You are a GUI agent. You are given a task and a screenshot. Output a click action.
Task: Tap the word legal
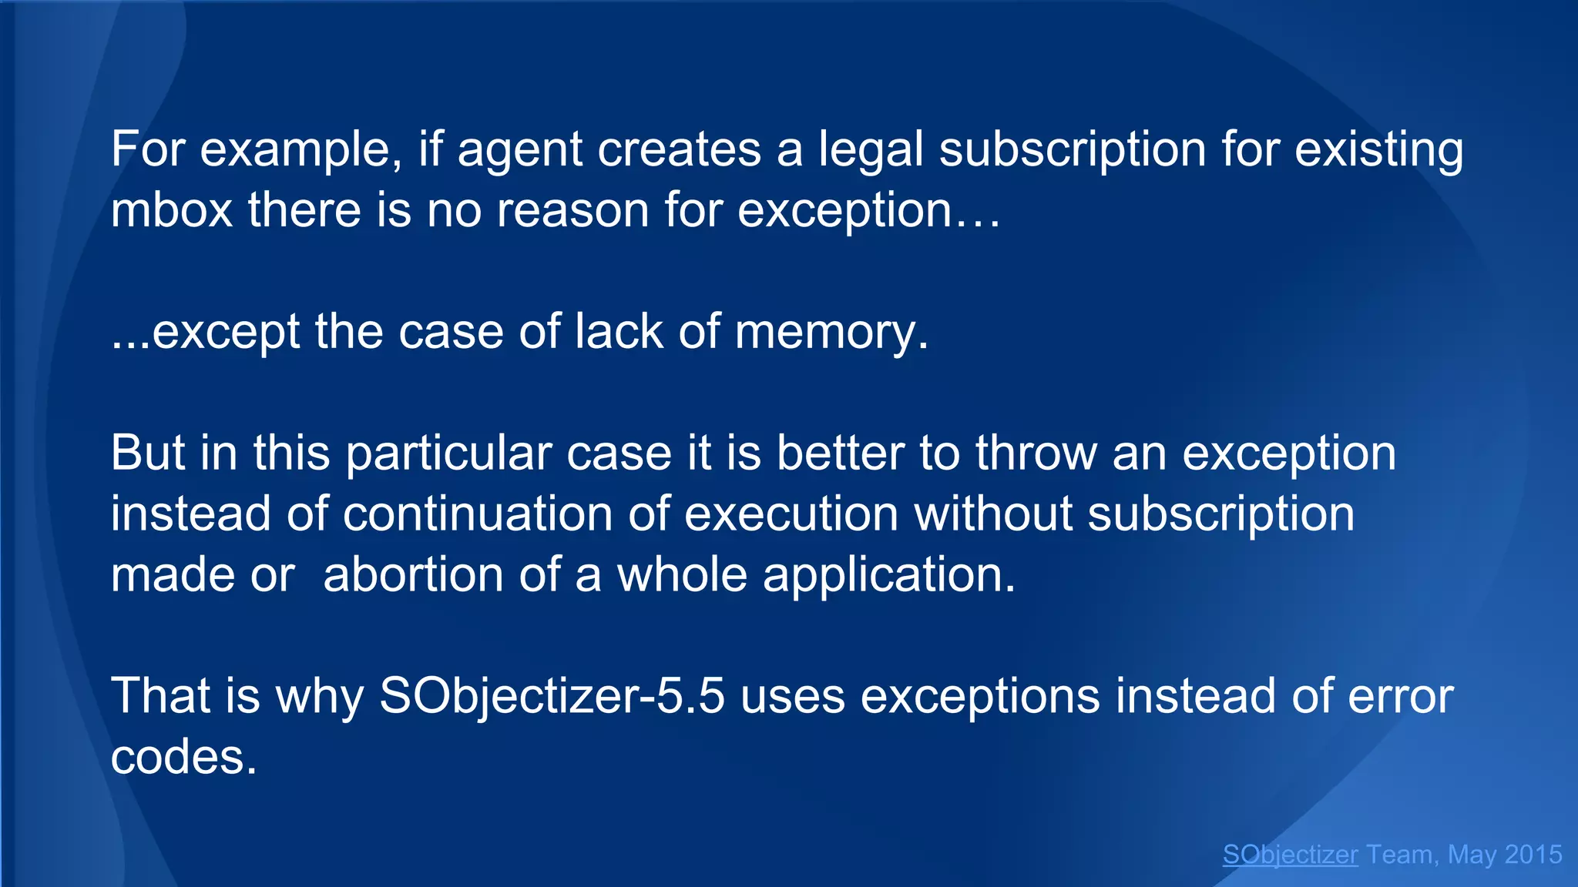click(x=870, y=151)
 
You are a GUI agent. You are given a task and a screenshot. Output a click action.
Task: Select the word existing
click(x=1378, y=151)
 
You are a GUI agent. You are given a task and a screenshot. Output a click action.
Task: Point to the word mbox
click(x=171, y=210)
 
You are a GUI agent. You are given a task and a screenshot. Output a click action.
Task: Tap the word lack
click(x=619, y=332)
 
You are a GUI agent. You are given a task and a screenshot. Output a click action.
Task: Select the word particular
click(x=448, y=454)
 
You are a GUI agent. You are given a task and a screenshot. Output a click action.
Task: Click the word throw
click(x=1036, y=453)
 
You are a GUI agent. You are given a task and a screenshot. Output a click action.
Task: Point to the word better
click(x=839, y=453)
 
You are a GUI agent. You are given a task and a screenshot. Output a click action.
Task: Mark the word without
click(x=992, y=514)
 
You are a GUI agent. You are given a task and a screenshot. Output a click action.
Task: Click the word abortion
click(x=413, y=574)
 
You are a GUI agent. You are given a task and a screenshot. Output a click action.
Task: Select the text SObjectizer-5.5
click(x=552, y=697)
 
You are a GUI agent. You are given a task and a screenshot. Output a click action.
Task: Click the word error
click(x=1400, y=697)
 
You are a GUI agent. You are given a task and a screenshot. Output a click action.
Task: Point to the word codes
click(x=183, y=757)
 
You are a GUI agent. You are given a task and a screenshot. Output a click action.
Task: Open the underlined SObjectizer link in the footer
click(x=1290, y=855)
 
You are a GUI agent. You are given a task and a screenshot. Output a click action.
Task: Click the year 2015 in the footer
click(x=1533, y=855)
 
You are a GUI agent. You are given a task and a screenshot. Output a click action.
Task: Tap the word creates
click(x=679, y=151)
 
